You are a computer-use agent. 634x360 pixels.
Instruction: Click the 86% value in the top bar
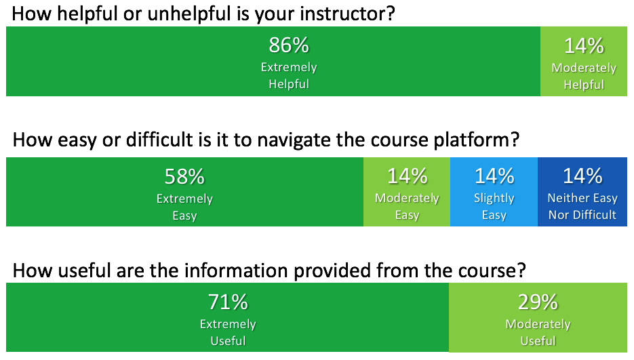click(289, 45)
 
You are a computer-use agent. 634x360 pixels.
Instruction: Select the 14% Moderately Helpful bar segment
click(583, 62)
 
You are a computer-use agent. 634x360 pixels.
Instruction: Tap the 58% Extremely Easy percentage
click(184, 177)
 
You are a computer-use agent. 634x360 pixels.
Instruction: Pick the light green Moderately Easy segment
click(407, 192)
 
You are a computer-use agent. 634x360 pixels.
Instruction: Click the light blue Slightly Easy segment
click(494, 192)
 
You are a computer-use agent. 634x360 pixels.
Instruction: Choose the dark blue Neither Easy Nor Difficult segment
click(582, 192)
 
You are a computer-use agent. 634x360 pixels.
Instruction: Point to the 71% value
click(228, 302)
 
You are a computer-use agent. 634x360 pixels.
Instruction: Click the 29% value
click(538, 302)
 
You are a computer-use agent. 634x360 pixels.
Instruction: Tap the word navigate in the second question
click(298, 140)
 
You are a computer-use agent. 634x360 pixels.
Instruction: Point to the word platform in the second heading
click(476, 140)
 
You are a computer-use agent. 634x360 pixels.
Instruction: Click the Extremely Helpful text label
click(289, 76)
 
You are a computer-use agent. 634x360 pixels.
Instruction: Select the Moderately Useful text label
click(538, 332)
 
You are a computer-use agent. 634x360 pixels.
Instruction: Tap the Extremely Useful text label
click(228, 332)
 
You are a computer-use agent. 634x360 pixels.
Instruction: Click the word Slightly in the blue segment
click(494, 199)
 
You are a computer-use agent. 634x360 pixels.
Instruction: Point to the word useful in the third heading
click(84, 271)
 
